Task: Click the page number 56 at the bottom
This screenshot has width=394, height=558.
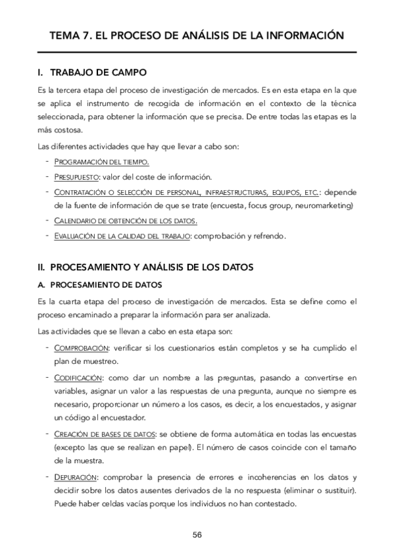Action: pyautogui.click(x=197, y=534)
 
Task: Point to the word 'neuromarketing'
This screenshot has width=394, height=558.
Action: pyautogui.click(x=323, y=206)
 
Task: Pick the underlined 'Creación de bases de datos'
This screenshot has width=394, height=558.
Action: pyautogui.click(x=105, y=434)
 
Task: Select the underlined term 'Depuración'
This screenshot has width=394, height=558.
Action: pyautogui.click(x=75, y=476)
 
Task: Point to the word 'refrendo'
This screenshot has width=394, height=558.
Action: pyautogui.click(x=268, y=236)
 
